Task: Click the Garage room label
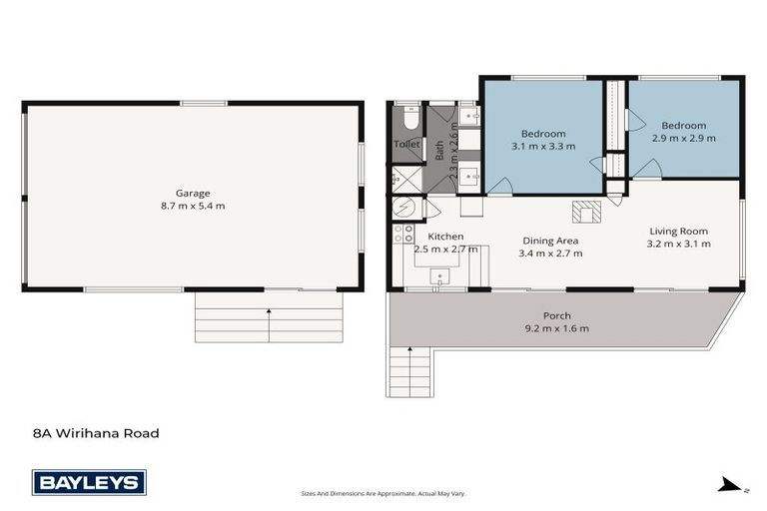pyautogui.click(x=193, y=193)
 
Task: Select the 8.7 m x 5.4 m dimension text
pyautogui.click(x=193, y=207)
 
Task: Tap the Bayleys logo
pyautogui.click(x=89, y=483)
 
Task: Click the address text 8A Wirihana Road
pyautogui.click(x=96, y=433)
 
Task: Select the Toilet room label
pyautogui.click(x=406, y=145)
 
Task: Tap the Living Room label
pyautogui.click(x=678, y=231)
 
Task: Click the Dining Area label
pyautogui.click(x=549, y=241)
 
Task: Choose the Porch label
pyautogui.click(x=556, y=315)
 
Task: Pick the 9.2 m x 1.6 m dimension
pyautogui.click(x=556, y=328)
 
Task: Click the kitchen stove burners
pyautogui.click(x=403, y=235)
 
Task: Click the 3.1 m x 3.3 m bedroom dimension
pyautogui.click(x=543, y=147)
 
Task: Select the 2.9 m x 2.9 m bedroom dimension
pyautogui.click(x=683, y=138)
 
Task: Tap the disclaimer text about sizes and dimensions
pyautogui.click(x=383, y=493)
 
